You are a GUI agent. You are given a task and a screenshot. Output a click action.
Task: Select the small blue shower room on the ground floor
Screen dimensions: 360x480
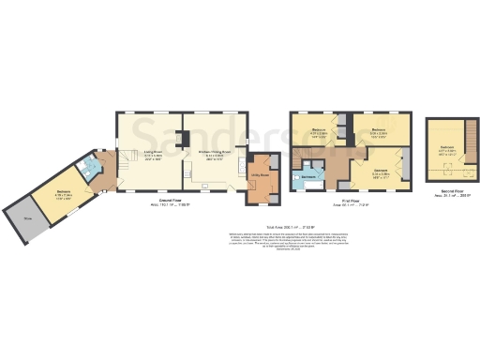pos(91,171)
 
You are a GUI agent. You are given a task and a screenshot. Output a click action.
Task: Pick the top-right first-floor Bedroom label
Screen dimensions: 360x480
pos(378,132)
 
